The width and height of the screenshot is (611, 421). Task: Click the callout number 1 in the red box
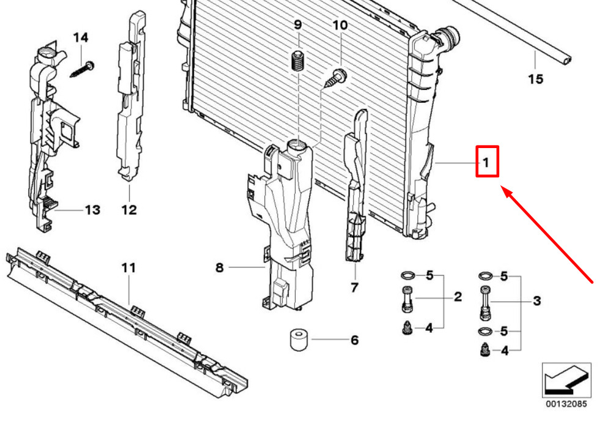coord(486,162)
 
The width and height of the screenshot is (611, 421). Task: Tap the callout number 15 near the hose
coord(535,79)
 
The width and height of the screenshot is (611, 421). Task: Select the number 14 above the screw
coord(81,38)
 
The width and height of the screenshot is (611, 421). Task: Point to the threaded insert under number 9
coord(298,60)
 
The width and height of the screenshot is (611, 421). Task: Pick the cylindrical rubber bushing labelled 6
coord(299,340)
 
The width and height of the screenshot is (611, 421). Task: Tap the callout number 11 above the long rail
coord(129,268)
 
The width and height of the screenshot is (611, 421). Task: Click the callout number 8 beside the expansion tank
coord(219,267)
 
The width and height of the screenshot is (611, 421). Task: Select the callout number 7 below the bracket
coord(354,288)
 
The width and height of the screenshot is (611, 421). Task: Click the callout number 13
coord(93,210)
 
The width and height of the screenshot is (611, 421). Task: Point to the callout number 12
coord(129,210)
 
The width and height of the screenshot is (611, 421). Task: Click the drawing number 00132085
coord(566,403)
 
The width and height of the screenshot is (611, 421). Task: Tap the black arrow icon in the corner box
coord(566,380)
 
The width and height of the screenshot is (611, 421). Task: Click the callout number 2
coord(458,297)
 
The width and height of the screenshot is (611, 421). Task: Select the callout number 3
coord(537,301)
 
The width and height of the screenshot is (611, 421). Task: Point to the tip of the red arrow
coord(501,187)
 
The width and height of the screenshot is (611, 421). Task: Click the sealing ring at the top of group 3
coord(486,276)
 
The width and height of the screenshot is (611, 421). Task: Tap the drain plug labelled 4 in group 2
coord(407,328)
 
